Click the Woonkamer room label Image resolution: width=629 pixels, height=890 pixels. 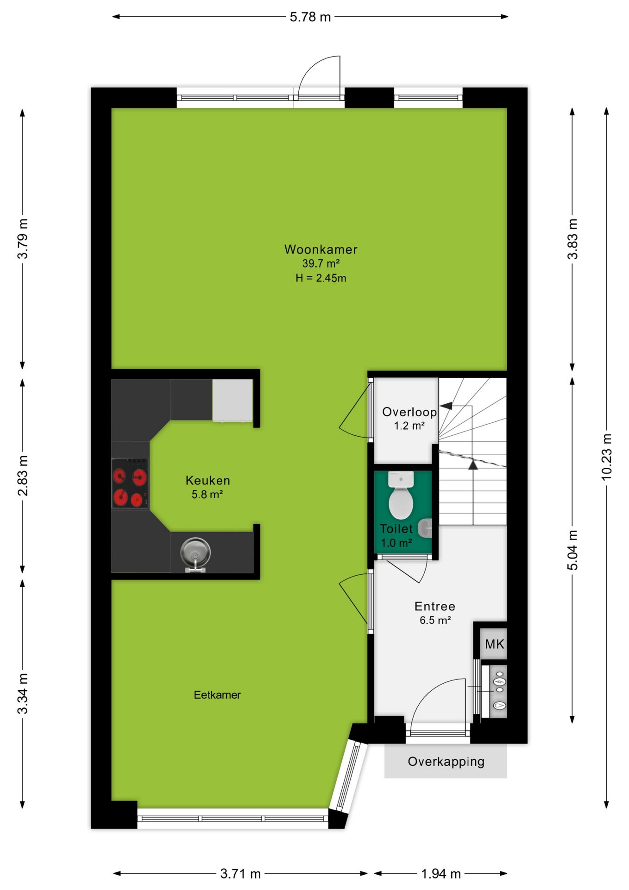pyautogui.click(x=321, y=249)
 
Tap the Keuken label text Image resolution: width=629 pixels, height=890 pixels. pyautogui.click(x=208, y=480)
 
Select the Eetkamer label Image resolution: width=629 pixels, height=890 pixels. pyautogui.click(x=217, y=695)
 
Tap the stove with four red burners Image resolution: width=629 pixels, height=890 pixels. pyautogui.click(x=130, y=483)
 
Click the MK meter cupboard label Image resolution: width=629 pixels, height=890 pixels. pyautogui.click(x=494, y=644)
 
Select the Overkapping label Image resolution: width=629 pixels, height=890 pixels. pyautogui.click(x=446, y=762)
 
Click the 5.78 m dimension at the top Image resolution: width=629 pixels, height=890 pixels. pyautogui.click(x=310, y=17)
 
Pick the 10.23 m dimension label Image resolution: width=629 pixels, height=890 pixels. pyautogui.click(x=606, y=457)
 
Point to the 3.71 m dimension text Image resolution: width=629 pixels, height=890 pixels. pyautogui.click(x=240, y=874)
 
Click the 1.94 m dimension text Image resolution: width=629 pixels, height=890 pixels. pyautogui.click(x=441, y=874)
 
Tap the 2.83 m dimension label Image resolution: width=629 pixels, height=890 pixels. pyautogui.click(x=23, y=475)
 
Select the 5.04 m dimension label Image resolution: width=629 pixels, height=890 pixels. pyautogui.click(x=573, y=550)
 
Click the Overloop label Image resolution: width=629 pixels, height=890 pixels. pyautogui.click(x=409, y=412)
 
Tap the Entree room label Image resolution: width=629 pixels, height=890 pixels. pyautogui.click(x=435, y=606)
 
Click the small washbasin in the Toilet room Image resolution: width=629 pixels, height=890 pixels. pyautogui.click(x=425, y=528)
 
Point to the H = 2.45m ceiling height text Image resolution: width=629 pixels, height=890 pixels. pyautogui.click(x=321, y=278)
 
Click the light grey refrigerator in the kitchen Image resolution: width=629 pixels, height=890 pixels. pyautogui.click(x=233, y=400)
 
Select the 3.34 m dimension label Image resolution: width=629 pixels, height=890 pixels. pyautogui.click(x=23, y=694)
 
